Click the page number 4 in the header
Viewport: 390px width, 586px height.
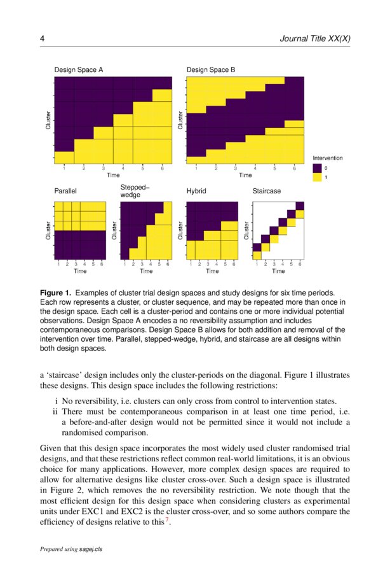tap(42, 39)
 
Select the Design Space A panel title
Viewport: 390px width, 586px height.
tap(79, 70)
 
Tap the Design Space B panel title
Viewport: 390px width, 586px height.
tap(211, 70)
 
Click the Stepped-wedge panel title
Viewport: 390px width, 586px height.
tap(135, 191)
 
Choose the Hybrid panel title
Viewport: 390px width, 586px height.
tap(196, 190)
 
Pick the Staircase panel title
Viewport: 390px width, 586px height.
tap(267, 190)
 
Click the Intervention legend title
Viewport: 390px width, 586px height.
tap(328, 157)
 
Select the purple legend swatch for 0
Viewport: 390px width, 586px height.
tap(318, 168)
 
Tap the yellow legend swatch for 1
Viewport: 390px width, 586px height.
tap(318, 178)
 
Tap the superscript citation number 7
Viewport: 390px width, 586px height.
tap(167, 522)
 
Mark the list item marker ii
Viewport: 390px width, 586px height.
tap(54, 412)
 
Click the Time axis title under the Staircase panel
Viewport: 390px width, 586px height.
tap(278, 271)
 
